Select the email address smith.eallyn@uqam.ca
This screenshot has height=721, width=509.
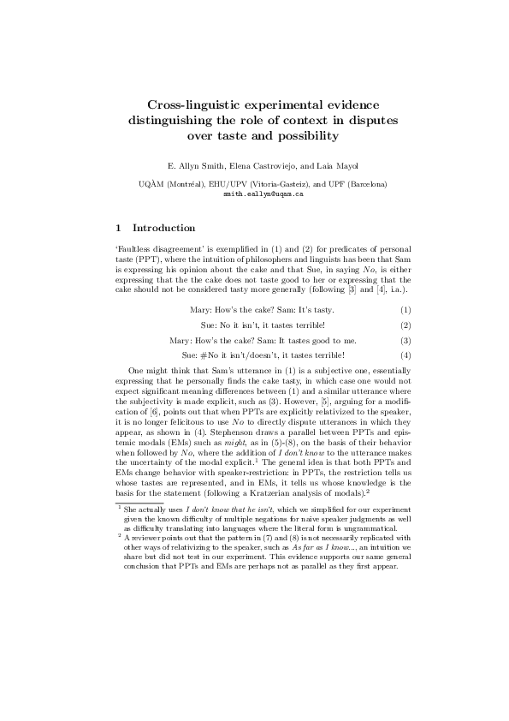(263, 194)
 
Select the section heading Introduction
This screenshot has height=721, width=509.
(164, 228)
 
